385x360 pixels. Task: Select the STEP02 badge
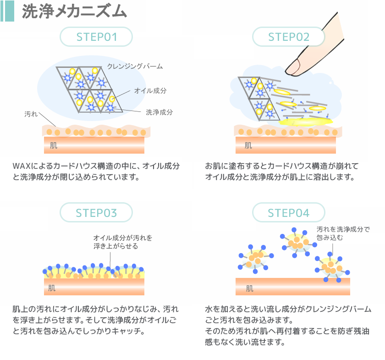[x=289, y=37]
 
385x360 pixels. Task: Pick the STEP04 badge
[x=289, y=213]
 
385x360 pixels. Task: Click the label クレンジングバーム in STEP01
[x=135, y=66]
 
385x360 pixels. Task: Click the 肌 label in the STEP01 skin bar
[x=54, y=146]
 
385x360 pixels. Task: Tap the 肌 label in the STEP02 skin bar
[x=248, y=146]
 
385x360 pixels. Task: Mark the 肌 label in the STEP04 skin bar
[x=249, y=288]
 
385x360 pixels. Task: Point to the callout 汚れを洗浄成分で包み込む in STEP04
[x=343, y=233]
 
